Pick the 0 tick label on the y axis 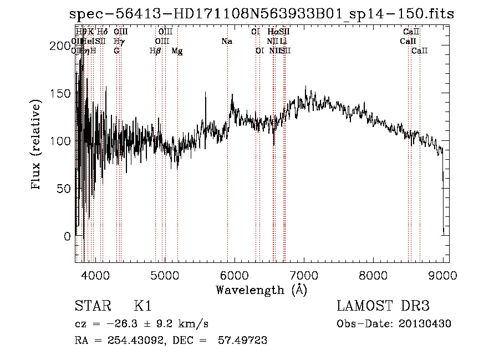pyautogui.click(x=68, y=236)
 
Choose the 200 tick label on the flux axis pyautogui.click(x=62, y=46)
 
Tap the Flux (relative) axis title pyautogui.click(x=37, y=145)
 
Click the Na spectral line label pyautogui.click(x=226, y=42)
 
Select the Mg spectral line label pyautogui.click(x=177, y=51)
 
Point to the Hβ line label pyautogui.click(x=155, y=51)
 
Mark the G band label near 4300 pyautogui.click(x=116, y=51)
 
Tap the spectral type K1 pyautogui.click(x=143, y=306)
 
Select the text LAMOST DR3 pyautogui.click(x=383, y=306)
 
